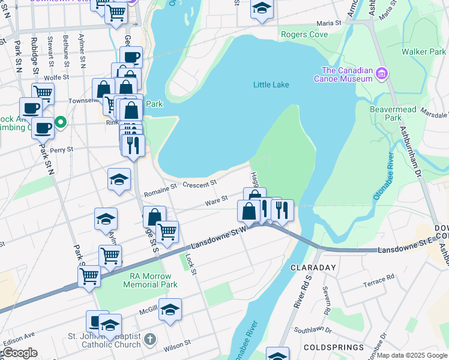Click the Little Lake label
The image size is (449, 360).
point(271,85)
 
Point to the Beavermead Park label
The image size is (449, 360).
point(385,113)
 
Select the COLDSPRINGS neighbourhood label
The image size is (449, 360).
point(334,347)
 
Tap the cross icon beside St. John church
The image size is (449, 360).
point(150,338)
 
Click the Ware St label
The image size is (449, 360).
point(216,199)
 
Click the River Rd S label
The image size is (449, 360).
point(303,292)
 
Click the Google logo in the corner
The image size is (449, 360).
point(20,353)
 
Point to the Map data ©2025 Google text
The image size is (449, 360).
point(412,355)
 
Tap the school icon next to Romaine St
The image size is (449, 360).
point(119,179)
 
